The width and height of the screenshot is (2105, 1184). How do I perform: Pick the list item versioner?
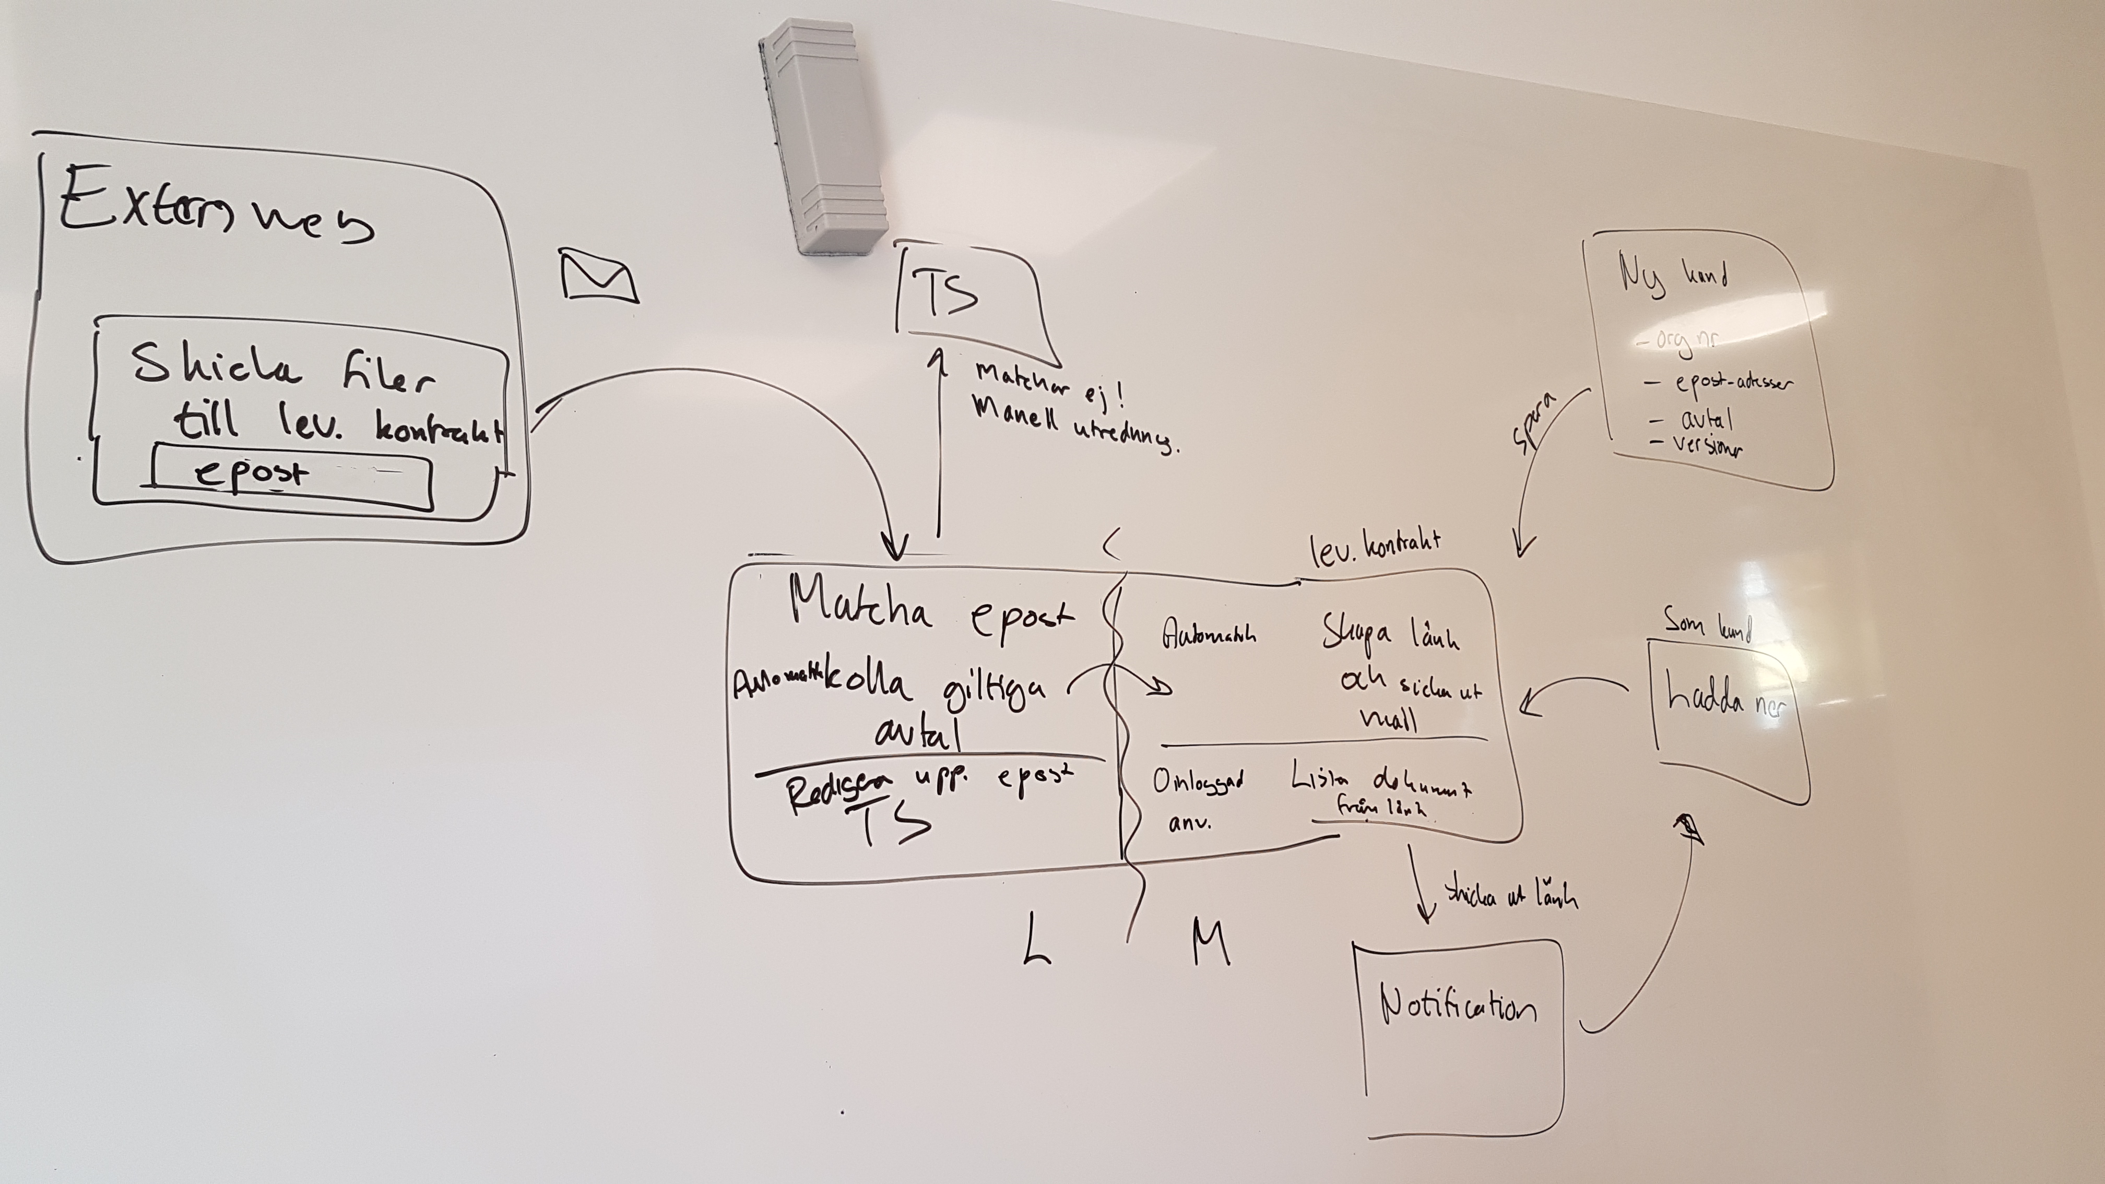(x=1706, y=445)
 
